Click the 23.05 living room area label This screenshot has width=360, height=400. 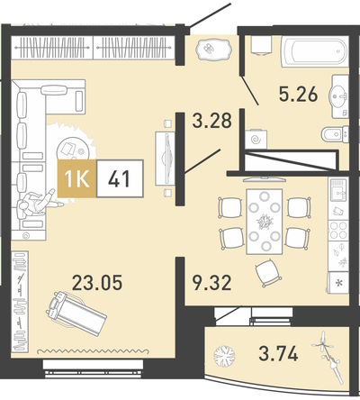[97, 283]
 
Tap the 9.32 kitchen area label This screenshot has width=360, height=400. [212, 283]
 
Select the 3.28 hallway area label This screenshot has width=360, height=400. [212, 121]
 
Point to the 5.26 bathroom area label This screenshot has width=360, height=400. [298, 95]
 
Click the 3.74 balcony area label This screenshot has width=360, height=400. [278, 353]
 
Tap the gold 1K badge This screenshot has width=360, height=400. [76, 178]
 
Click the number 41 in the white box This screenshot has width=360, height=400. [119, 178]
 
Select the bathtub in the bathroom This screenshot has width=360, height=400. [314, 51]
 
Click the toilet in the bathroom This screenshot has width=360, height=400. [335, 134]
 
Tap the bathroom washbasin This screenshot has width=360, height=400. [338, 96]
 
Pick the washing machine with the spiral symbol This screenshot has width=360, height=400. [256, 139]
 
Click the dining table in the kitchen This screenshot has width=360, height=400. [264, 222]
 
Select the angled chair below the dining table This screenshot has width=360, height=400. [268, 273]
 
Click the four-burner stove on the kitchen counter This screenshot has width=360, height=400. [338, 231]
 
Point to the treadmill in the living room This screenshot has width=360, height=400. [76, 313]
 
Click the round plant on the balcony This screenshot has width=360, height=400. [224, 356]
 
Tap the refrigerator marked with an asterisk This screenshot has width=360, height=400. [338, 282]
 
